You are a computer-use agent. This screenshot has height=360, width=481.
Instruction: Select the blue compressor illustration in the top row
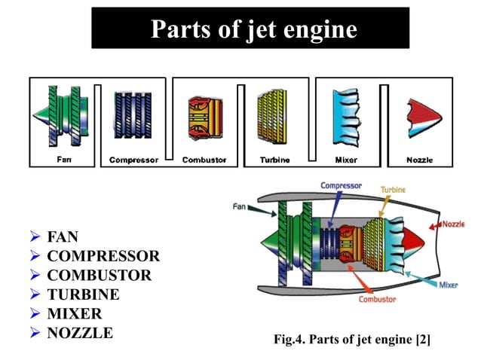133,117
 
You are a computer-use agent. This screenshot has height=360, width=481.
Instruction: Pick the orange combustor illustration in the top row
205,118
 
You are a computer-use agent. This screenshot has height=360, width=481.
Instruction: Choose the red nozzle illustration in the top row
420,118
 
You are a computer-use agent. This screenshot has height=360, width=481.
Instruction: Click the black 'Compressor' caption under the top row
133,160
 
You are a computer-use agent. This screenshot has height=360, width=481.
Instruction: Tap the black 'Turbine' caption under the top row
275,160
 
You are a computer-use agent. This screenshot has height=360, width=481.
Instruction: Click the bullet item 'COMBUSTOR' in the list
99,276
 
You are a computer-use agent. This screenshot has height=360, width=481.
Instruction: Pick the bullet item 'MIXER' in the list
74,313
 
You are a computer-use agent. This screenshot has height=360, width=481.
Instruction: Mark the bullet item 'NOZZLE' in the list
80,332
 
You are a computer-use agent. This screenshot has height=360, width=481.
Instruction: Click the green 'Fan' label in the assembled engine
240,206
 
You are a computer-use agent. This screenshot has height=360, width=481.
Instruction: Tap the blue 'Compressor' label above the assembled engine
341,185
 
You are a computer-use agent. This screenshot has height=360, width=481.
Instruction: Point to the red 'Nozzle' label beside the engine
452,224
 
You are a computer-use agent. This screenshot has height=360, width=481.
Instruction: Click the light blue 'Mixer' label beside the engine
447,285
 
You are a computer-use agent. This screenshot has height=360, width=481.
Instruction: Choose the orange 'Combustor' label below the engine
377,299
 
